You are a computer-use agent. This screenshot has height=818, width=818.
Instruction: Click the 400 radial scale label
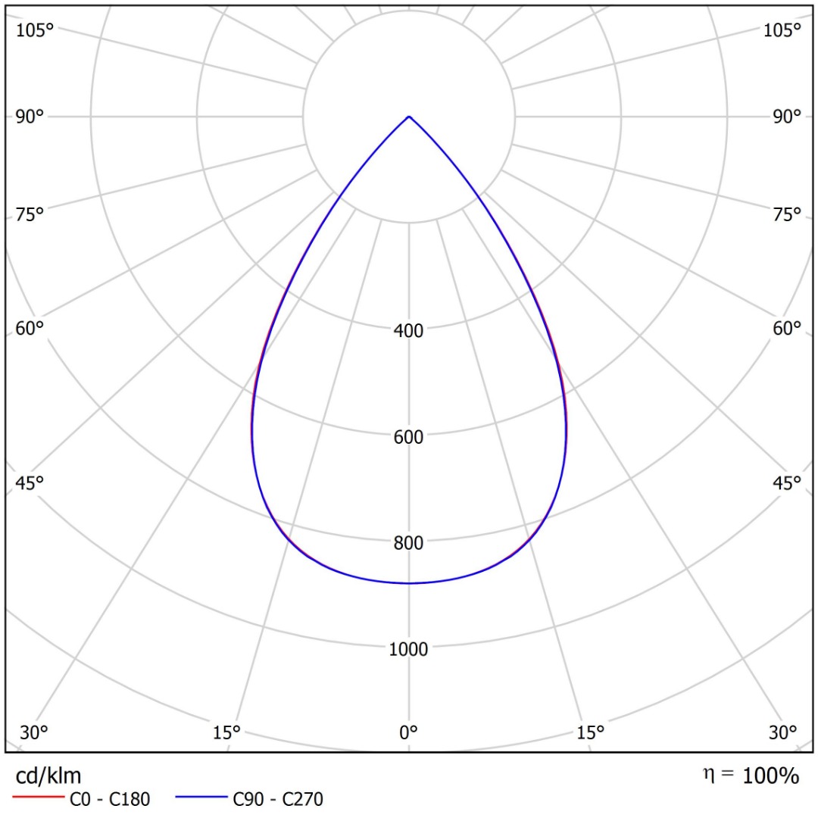408,330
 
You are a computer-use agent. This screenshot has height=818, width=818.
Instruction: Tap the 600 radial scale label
408,437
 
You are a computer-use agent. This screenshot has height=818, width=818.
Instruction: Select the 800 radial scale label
408,543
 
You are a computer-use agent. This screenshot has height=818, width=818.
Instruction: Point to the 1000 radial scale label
408,650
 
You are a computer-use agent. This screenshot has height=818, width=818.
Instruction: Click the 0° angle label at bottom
408,732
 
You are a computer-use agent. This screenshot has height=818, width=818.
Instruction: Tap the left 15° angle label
226,732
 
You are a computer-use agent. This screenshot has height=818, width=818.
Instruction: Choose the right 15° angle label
590,732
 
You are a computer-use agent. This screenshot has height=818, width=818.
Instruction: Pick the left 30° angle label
34,732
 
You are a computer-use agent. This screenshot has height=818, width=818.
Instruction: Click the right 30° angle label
782,732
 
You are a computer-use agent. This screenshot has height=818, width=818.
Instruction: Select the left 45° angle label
30,483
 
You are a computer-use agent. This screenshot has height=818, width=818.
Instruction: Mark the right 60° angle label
787,328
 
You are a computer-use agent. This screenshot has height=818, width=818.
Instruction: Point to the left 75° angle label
30,214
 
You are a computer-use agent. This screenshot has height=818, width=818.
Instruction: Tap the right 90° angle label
787,117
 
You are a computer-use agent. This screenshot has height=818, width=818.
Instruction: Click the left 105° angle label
35,30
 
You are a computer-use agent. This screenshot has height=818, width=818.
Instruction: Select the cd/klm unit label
48,776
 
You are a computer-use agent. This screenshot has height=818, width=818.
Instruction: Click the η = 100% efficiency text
751,776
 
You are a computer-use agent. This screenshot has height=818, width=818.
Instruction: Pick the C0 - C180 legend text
110,799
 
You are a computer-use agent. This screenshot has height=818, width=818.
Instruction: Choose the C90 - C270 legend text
278,799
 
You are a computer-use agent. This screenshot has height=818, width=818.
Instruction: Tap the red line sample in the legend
38,797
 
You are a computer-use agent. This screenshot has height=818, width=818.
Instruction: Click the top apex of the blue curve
409,117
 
